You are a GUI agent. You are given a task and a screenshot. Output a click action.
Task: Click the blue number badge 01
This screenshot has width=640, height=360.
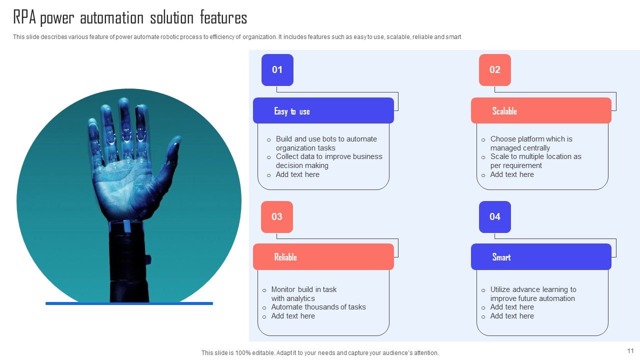277,70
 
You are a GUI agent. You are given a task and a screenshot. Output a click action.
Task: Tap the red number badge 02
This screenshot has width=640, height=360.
494,70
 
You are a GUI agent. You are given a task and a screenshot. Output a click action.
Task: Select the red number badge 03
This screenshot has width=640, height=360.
277,217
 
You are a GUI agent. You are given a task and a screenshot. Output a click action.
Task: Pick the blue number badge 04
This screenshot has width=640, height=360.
494,217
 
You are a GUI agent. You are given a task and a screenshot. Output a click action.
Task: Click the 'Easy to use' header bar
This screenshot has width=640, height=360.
323,111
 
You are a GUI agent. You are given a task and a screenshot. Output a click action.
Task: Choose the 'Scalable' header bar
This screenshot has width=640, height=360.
541,111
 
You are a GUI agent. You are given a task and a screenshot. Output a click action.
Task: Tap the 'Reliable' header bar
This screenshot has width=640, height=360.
323,257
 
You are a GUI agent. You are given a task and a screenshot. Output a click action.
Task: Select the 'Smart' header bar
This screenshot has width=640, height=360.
541,257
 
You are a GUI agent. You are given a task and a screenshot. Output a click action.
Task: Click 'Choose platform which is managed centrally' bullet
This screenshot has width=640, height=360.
531,143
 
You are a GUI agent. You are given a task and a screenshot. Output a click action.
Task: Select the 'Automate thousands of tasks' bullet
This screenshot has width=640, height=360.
318,307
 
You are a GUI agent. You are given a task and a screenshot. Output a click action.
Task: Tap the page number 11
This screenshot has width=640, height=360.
630,351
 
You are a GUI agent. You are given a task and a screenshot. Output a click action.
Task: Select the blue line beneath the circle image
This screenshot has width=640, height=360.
129,303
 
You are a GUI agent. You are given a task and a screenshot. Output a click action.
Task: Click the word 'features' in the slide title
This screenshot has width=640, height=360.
223,18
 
